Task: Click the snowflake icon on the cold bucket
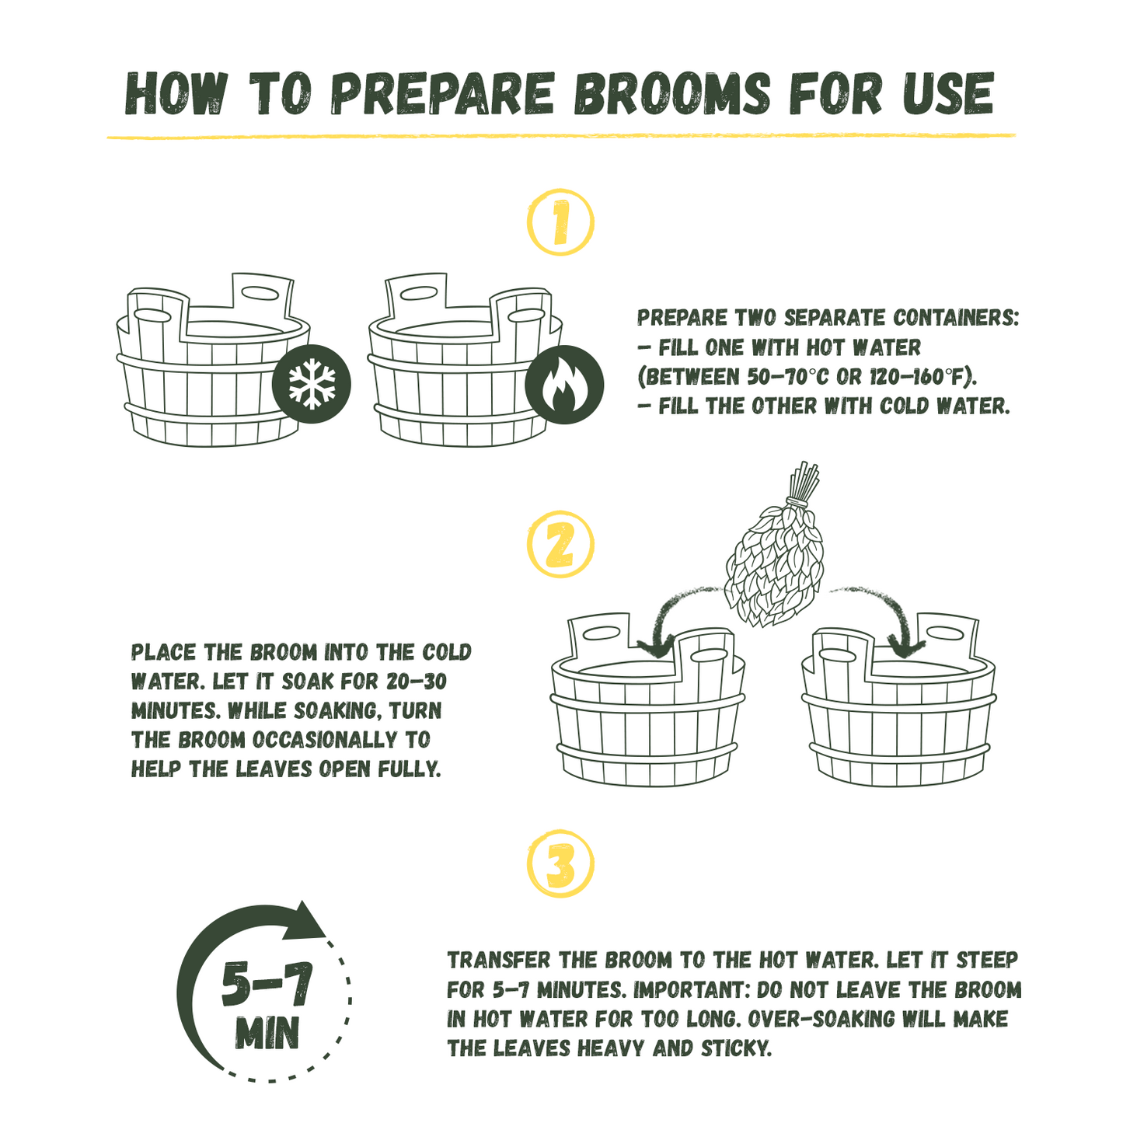coord(312,384)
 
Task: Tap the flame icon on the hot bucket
coord(564,384)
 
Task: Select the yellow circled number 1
coord(560,222)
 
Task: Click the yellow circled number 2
coord(560,544)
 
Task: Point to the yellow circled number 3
coord(560,863)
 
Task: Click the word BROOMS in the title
coord(672,93)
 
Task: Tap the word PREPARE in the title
coord(442,93)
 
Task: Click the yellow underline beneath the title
coord(560,136)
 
